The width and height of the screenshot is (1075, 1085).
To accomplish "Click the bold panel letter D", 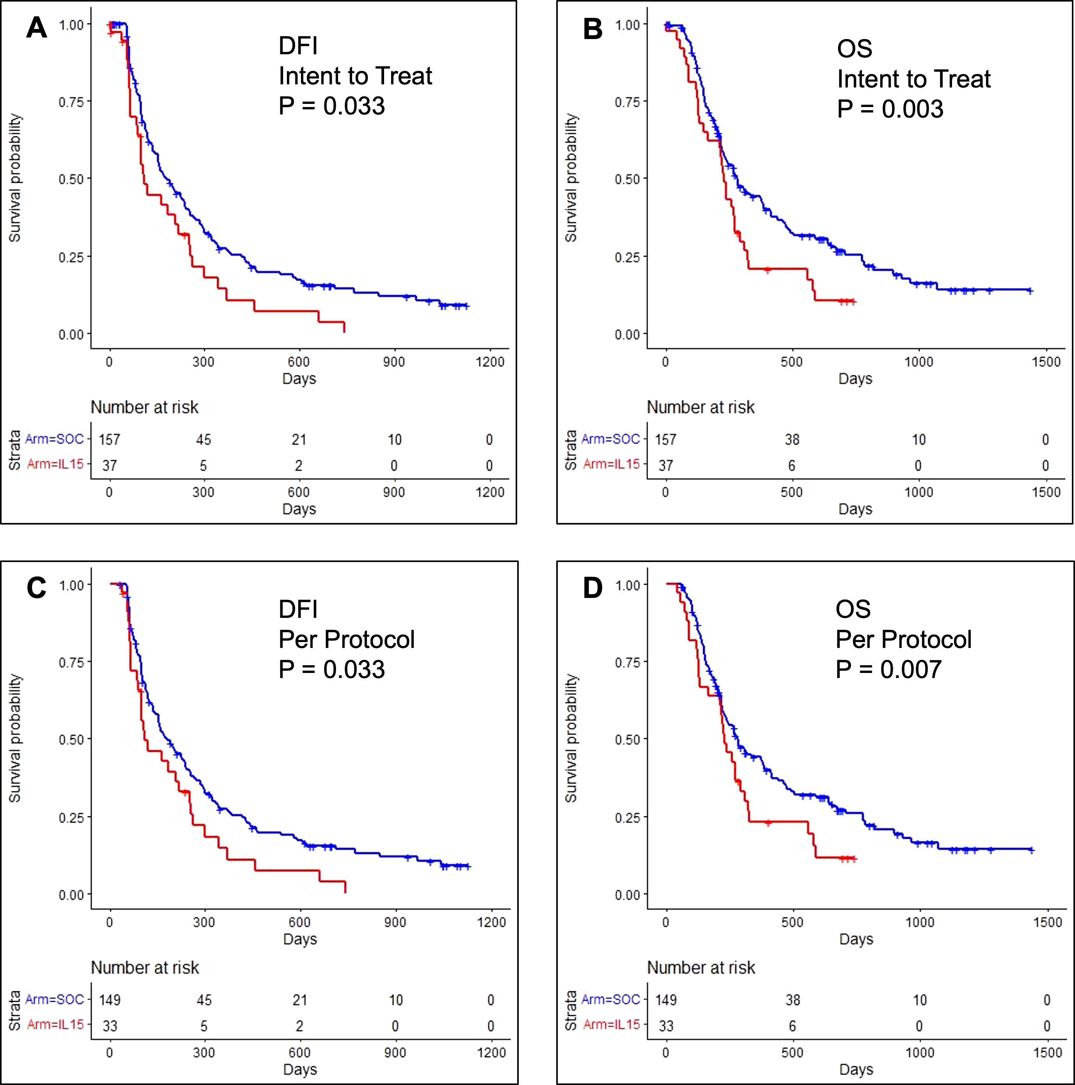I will [593, 588].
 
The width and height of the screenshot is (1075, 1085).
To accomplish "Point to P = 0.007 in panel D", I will [888, 669].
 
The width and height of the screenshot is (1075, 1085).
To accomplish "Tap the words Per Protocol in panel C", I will [346, 639].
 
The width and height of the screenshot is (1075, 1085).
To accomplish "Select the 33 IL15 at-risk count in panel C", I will [110, 1026].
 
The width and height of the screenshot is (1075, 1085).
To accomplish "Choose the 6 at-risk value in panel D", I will [792, 1026].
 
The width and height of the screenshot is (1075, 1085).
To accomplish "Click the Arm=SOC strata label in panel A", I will [54, 439].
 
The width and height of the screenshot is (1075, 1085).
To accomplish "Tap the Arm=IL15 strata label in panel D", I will [611, 1024].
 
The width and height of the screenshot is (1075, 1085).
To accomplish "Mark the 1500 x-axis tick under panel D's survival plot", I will [1047, 922].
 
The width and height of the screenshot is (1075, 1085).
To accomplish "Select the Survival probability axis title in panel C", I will [15, 739].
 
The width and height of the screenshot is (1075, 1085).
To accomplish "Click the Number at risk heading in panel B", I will [701, 407].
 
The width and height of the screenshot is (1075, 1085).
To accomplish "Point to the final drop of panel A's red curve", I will [344, 327].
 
